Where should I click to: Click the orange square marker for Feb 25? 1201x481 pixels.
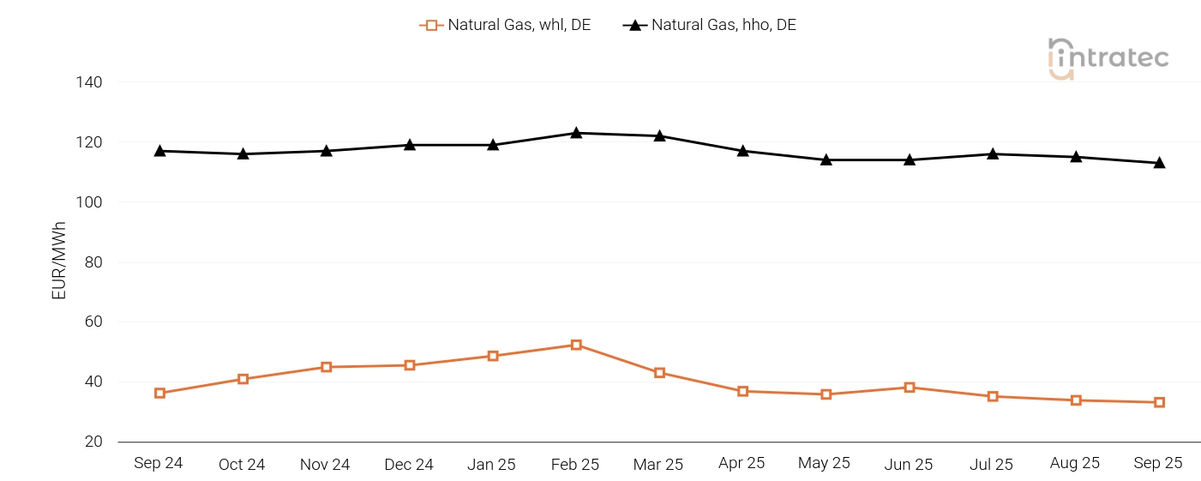click(576, 345)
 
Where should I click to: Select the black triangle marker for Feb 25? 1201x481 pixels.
click(576, 133)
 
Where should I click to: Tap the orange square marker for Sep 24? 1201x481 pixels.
click(159, 393)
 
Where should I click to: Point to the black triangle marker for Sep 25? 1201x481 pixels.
click(1159, 163)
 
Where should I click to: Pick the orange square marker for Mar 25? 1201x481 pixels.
click(659, 373)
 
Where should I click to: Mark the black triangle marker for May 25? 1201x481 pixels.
click(826, 159)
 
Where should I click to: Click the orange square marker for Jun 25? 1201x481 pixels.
click(910, 388)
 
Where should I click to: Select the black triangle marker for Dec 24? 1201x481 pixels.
click(410, 145)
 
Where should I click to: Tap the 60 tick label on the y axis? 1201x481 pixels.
click(93, 322)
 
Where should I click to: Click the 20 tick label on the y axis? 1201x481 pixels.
click(93, 442)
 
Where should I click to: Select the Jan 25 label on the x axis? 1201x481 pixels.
click(491, 464)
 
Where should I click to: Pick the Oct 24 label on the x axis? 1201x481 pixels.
click(242, 464)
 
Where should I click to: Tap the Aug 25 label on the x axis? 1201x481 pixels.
click(1075, 463)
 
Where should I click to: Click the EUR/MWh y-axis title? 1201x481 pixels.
click(59, 261)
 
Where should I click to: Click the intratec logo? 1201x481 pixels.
click(1108, 58)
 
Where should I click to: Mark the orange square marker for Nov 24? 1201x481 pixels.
click(327, 367)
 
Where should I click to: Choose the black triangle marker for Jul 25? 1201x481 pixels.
click(993, 153)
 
